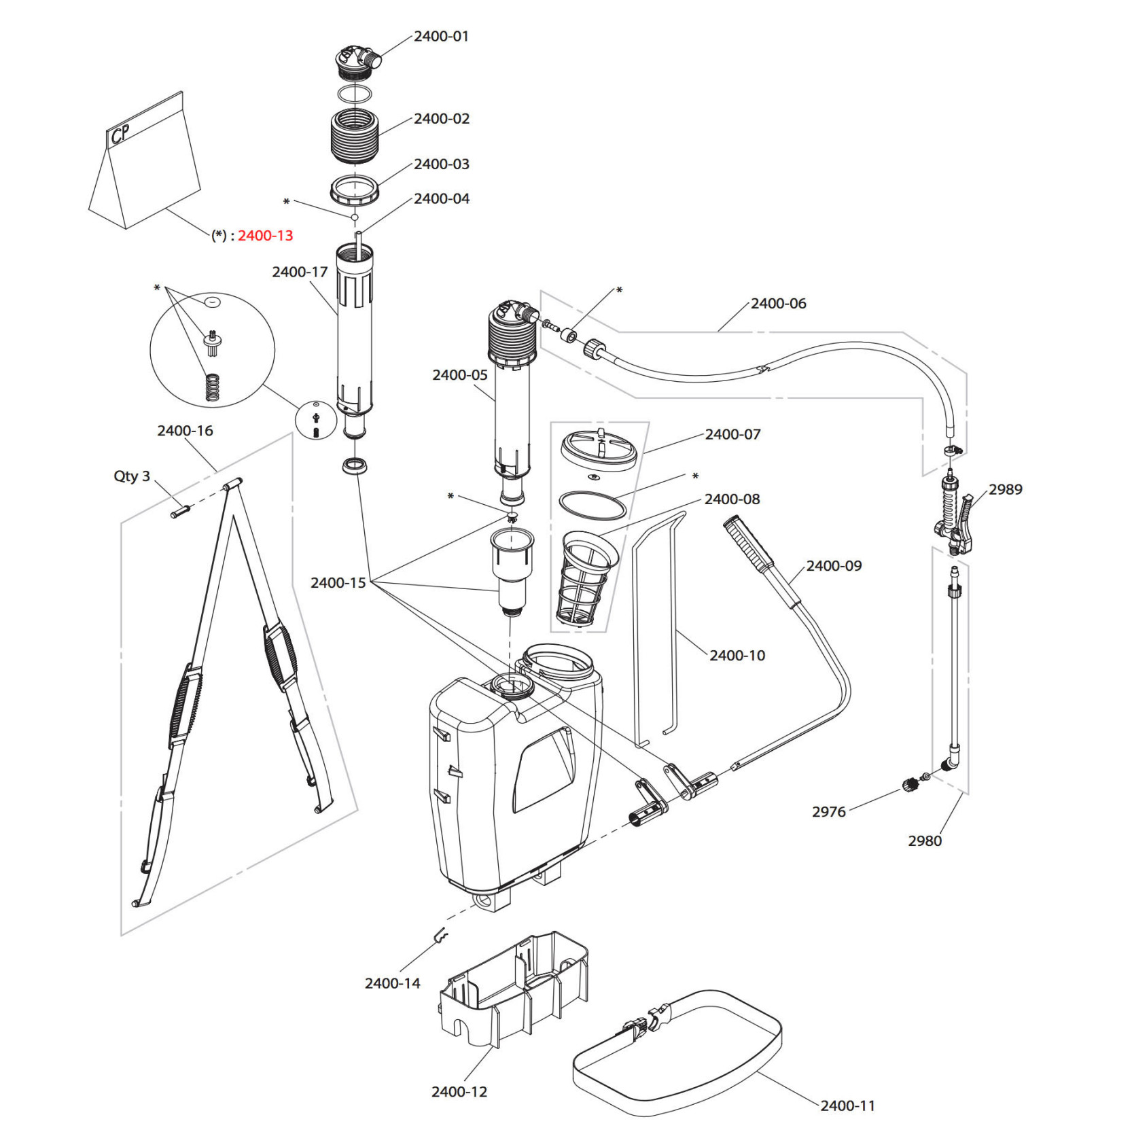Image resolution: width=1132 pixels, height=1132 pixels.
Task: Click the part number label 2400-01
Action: tap(441, 37)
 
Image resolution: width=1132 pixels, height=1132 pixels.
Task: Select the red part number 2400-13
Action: tap(265, 236)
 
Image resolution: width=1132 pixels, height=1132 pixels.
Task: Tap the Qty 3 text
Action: tap(132, 476)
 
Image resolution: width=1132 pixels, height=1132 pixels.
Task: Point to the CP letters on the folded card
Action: tap(120, 134)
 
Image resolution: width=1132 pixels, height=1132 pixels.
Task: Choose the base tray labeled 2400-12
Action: tap(513, 992)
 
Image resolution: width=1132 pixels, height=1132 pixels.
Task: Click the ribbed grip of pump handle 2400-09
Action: tap(747, 544)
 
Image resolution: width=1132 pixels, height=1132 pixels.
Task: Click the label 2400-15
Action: tap(338, 583)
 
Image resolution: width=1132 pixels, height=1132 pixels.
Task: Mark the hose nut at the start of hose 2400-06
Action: tap(594, 350)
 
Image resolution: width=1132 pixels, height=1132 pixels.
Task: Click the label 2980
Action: tap(925, 841)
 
